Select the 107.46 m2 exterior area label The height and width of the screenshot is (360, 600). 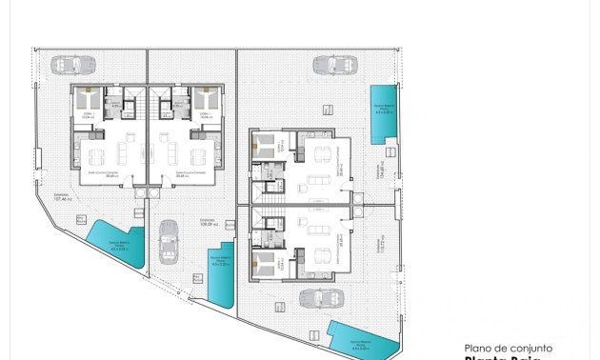63,196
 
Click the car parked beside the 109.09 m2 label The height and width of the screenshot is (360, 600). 169,242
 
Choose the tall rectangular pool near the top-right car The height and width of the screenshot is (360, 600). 384,112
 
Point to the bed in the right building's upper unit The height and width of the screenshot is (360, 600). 263,148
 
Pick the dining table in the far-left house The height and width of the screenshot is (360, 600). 97,157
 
